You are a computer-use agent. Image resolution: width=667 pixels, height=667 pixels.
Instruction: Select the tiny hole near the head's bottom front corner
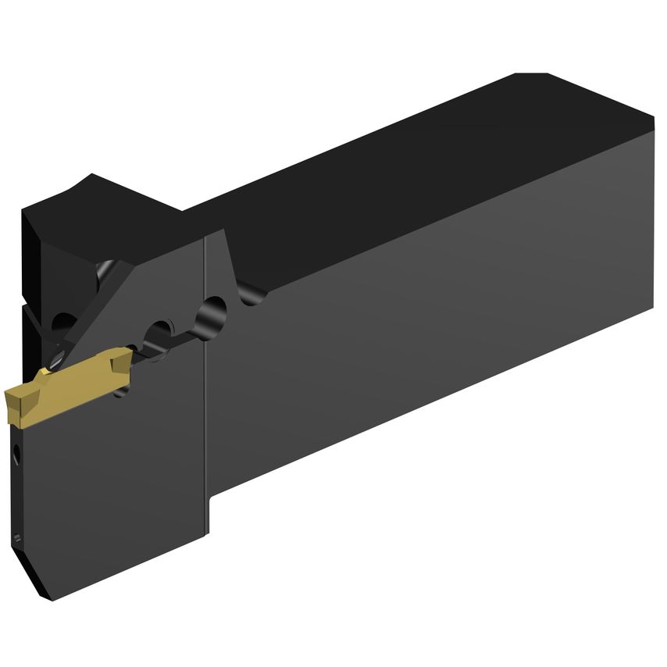pos(17,537)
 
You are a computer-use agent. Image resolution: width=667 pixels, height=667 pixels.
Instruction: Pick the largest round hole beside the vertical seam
pos(211,316)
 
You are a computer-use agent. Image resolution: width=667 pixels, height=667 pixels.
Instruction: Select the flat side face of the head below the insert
pos(117,484)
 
